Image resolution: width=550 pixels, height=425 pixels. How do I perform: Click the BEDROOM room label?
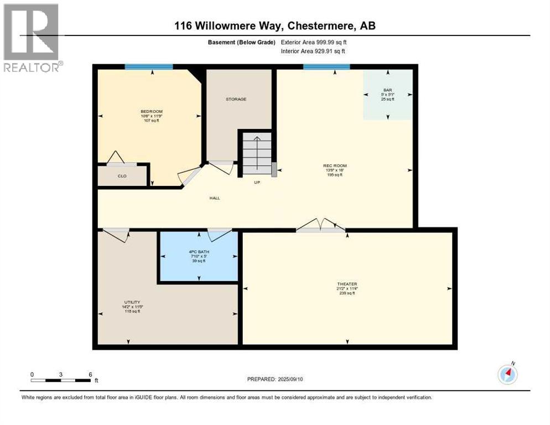pos(151,111)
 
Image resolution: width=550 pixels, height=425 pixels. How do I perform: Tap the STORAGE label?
pos(236,99)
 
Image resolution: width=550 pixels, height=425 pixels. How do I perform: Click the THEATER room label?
pos(347,284)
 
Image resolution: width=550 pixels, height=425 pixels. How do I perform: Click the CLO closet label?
pos(122,176)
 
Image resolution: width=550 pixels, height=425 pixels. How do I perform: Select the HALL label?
pos(215,198)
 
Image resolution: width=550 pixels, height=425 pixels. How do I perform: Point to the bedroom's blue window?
pos(148,67)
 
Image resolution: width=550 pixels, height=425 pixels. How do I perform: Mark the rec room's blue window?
pos(326,67)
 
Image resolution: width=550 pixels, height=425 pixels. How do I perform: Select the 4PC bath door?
pos(219,234)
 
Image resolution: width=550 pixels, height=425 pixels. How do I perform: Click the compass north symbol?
pos(507,375)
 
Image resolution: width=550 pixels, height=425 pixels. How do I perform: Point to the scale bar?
pos(61,380)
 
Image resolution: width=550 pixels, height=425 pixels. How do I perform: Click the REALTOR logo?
pos(32,38)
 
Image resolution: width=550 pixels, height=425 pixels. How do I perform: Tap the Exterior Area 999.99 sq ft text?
pos(314,42)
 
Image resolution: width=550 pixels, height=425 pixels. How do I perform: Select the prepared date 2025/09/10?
pos(275,379)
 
